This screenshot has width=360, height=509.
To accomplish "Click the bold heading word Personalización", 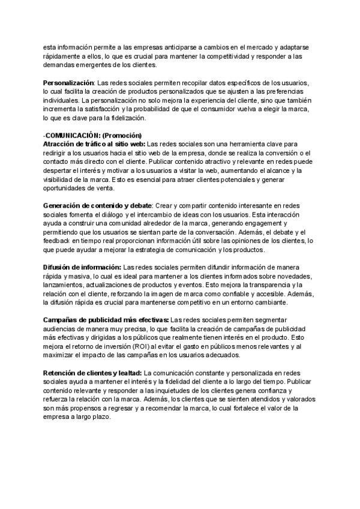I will [68, 82].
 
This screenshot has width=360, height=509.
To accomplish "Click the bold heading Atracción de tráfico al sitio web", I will [94, 144].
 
